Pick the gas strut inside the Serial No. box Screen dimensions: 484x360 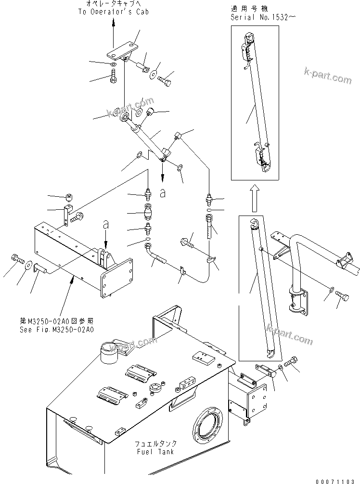point(255,103)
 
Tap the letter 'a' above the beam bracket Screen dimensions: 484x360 point(106,225)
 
